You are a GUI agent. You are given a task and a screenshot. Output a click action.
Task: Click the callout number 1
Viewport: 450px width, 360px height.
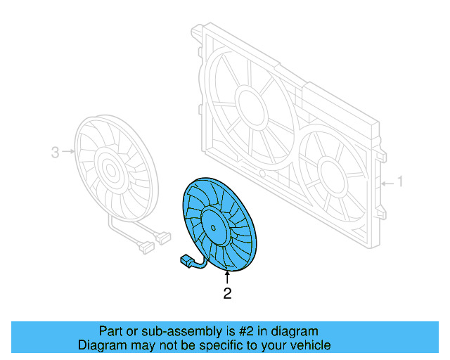tap(400, 182)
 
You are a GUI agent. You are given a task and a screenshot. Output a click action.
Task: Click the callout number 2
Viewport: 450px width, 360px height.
tap(227, 294)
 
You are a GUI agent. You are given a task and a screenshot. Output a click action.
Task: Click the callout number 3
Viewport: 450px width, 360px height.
tap(55, 151)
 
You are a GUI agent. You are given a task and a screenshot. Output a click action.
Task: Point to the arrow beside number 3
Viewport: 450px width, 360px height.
tap(67, 151)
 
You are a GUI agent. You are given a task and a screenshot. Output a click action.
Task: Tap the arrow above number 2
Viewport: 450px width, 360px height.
tap(226, 278)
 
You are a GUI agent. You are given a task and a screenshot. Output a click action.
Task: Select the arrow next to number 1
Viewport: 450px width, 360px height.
tap(385, 183)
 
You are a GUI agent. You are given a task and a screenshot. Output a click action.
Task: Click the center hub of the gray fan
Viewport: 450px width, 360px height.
tap(109, 169)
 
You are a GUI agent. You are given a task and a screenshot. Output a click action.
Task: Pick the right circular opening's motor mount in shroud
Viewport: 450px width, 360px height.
tap(329, 172)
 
